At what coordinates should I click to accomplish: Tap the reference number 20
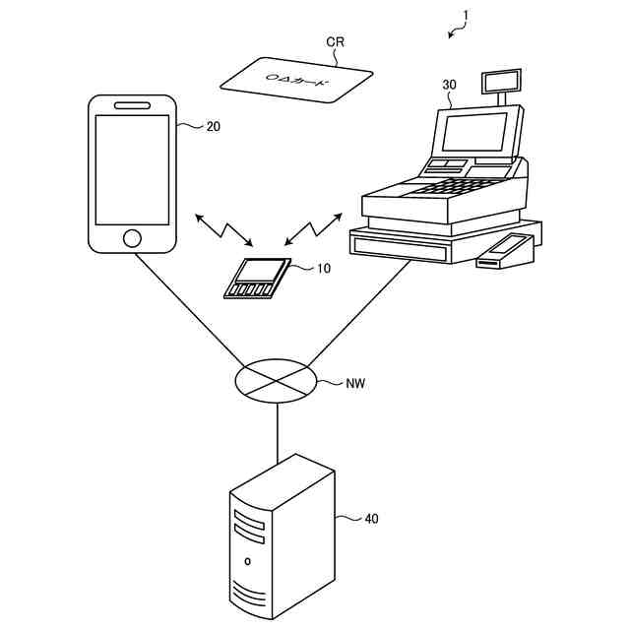[x=213, y=126]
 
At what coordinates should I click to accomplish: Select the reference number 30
[x=449, y=85]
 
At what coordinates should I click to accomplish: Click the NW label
[x=355, y=383]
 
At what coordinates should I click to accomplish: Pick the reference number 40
[x=371, y=518]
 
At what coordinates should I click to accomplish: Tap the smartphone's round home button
[x=132, y=237]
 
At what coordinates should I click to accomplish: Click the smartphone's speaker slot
[x=132, y=104]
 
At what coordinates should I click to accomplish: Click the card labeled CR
[x=296, y=78]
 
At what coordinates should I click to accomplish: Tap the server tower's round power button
[x=248, y=562]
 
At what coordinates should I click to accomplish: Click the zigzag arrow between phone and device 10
[x=223, y=229]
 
